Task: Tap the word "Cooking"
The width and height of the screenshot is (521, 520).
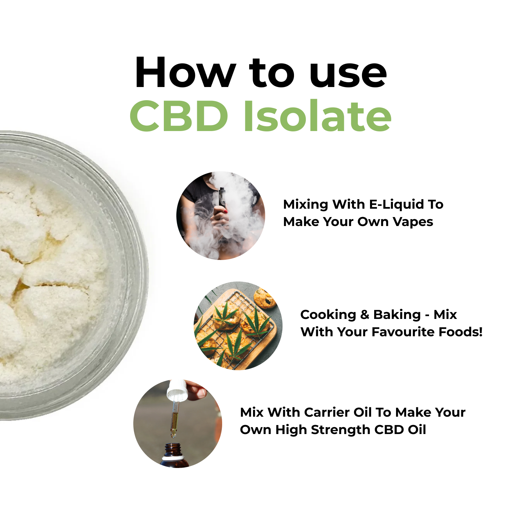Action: tap(328, 315)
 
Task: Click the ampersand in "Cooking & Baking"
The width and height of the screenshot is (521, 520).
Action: tap(364, 315)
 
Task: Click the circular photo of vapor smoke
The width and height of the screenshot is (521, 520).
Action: tap(221, 216)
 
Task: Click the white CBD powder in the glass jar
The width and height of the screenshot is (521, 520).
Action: tap(49, 277)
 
